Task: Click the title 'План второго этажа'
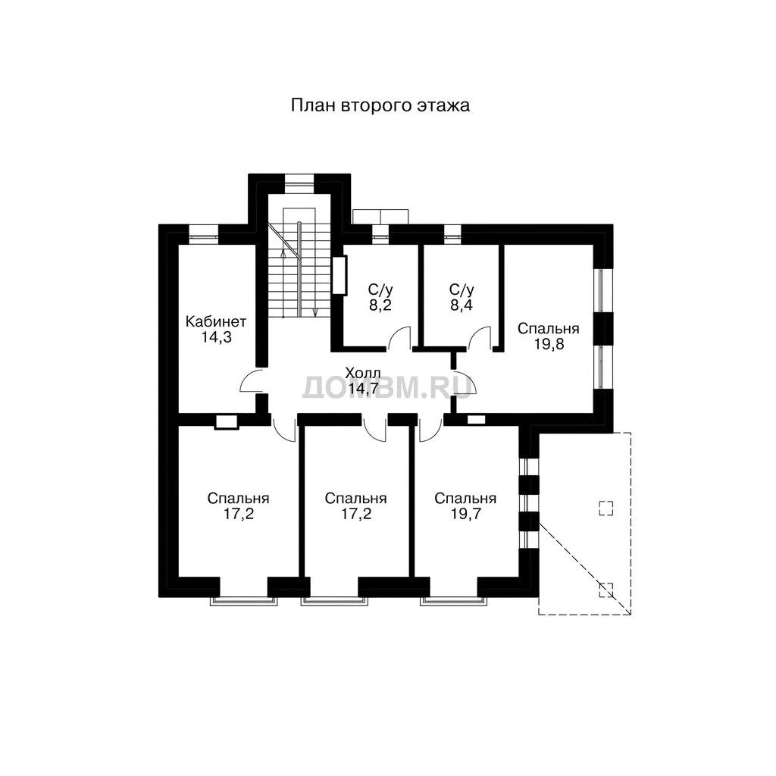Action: pos(380,106)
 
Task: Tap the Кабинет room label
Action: pos(216,321)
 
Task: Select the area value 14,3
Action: pos(216,337)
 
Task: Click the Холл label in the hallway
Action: pos(363,373)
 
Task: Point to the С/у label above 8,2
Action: pos(380,289)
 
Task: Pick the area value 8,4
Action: pos(462,305)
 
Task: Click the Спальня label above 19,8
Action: pos(549,329)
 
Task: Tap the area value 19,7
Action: pos(466,515)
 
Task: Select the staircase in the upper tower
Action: pos(299,263)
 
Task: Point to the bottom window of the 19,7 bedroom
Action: pos(453,601)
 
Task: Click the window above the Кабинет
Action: pos(204,234)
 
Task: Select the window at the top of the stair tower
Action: pos(299,183)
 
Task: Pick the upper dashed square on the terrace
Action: pos(606,508)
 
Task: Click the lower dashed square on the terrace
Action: pos(606,590)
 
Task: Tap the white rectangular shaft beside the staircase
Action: pos(339,275)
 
